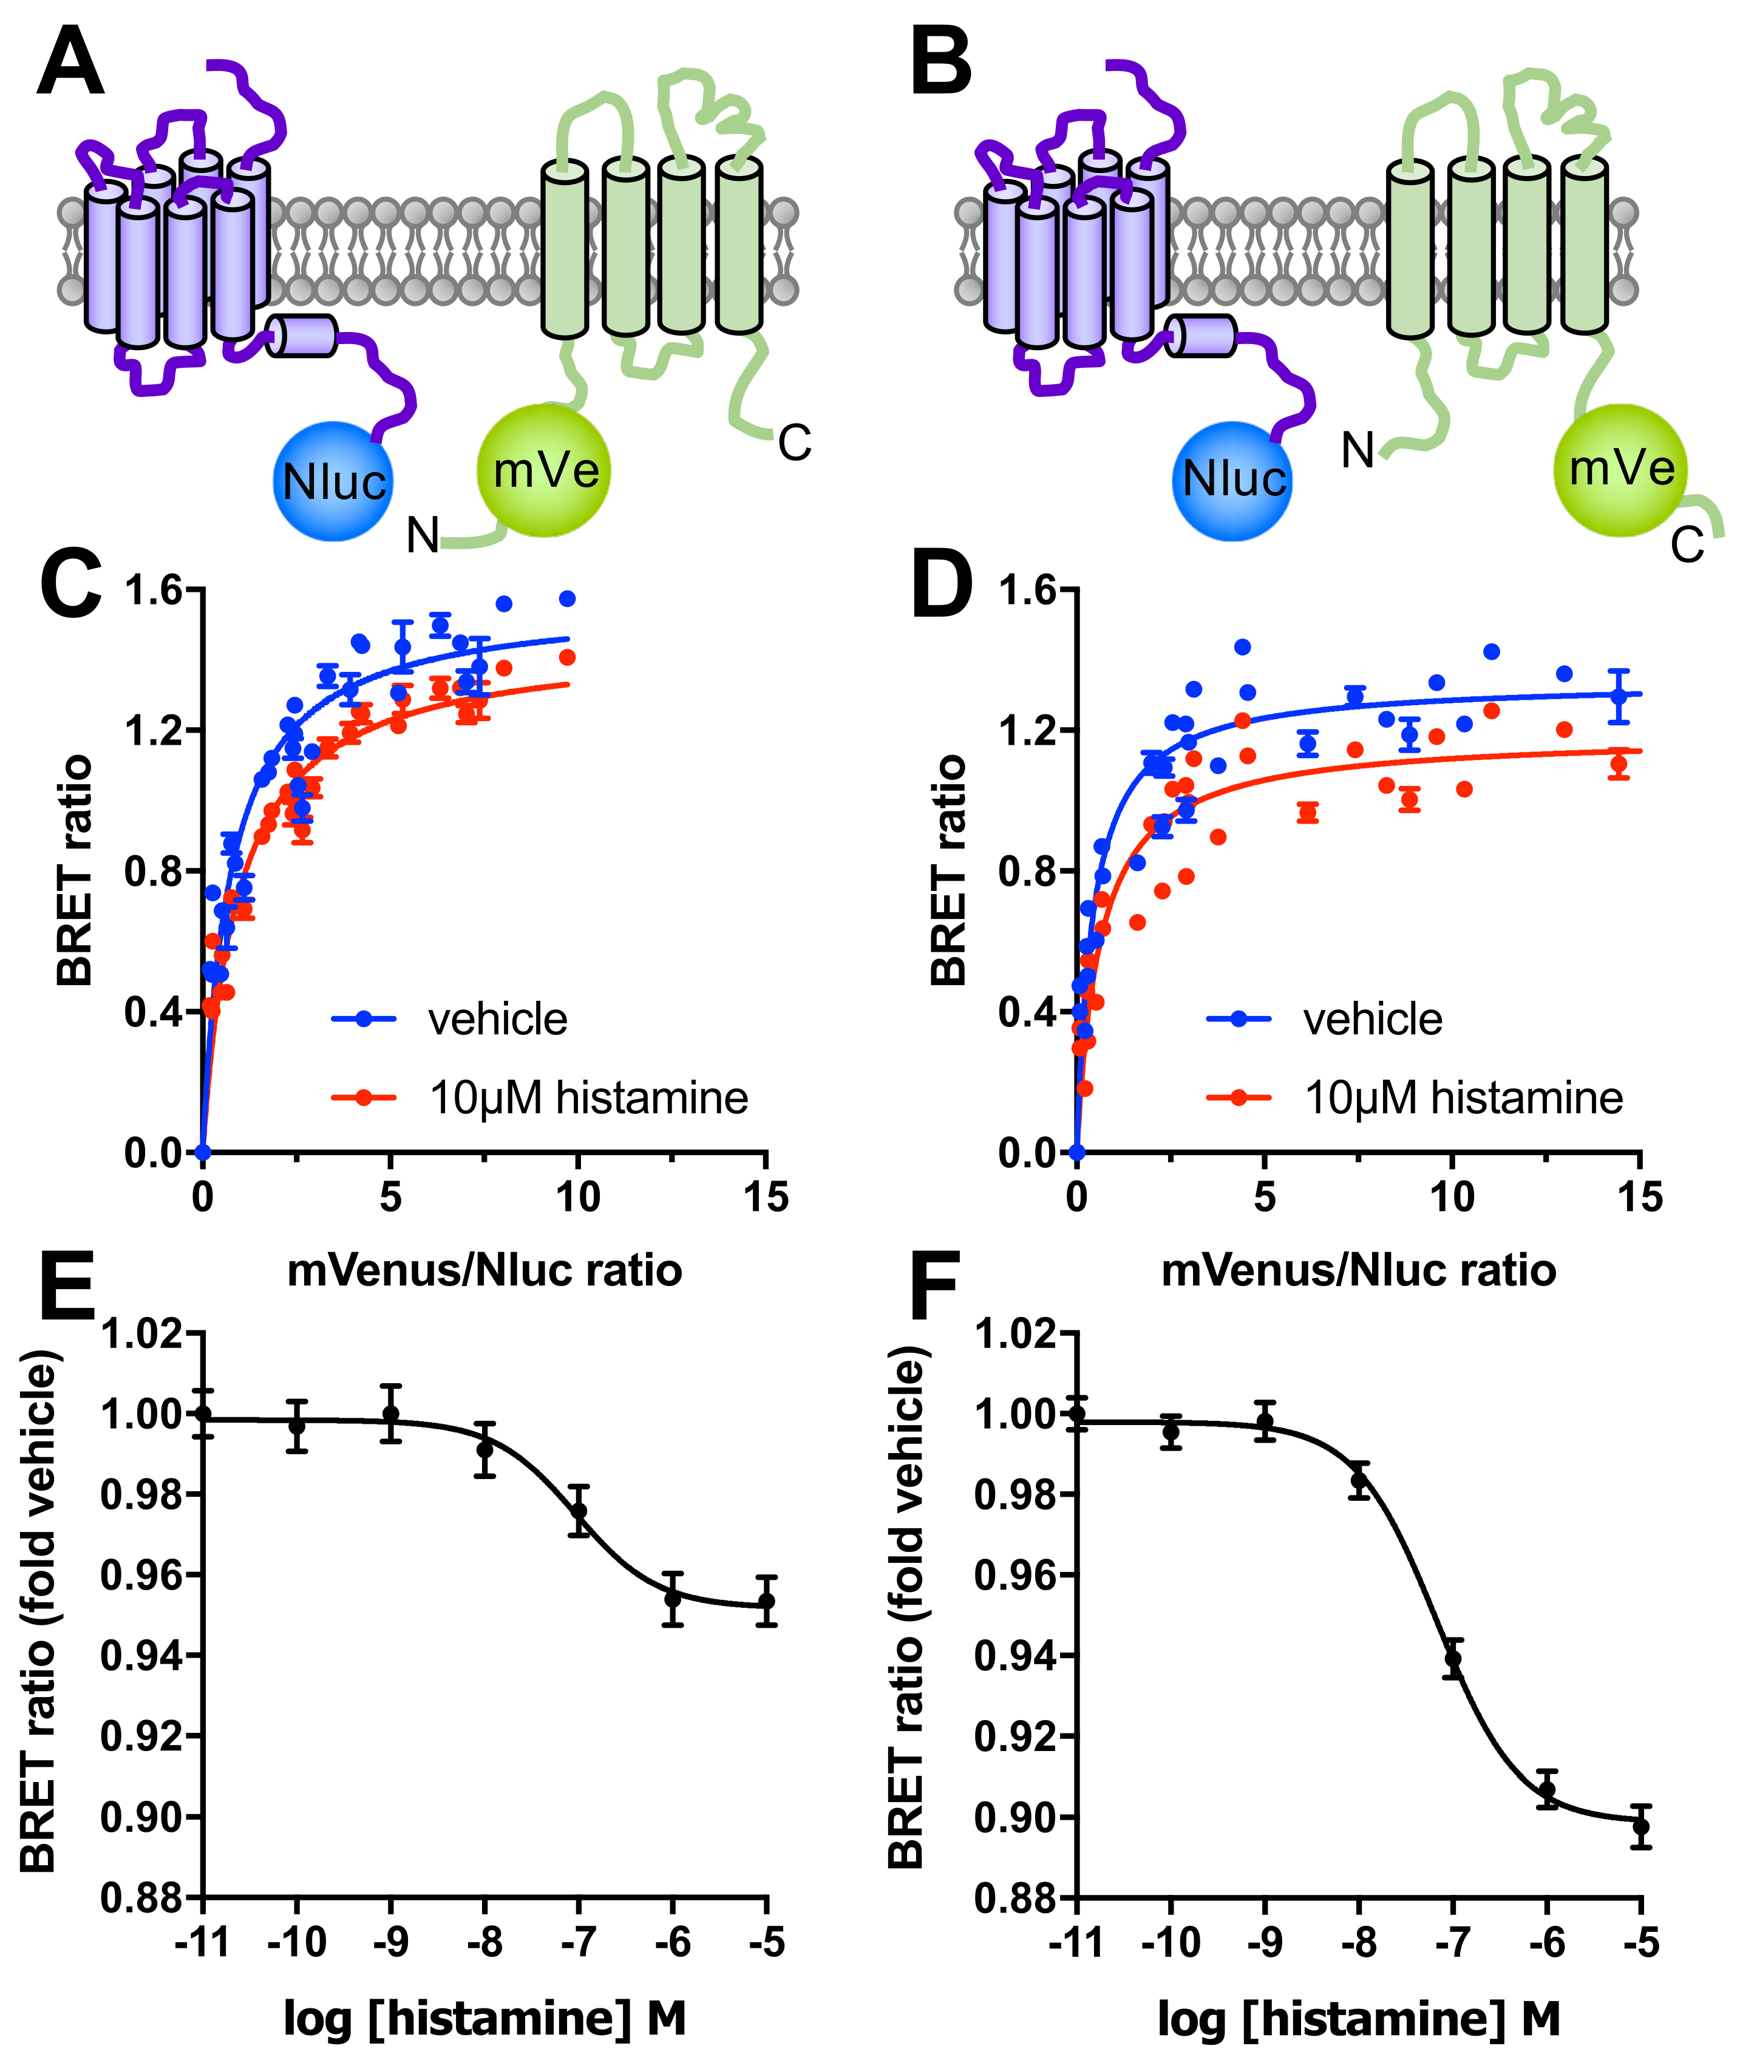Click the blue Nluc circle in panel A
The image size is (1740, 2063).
(333, 481)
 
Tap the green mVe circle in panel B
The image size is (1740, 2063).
(1620, 469)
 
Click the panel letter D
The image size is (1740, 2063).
(940, 589)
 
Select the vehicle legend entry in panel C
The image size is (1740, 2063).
(497, 1018)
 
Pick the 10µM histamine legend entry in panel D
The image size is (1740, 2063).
(1463, 1097)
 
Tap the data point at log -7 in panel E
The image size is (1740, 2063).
(579, 1511)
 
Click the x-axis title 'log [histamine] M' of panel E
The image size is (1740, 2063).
(484, 2017)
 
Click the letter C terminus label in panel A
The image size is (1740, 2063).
(794, 444)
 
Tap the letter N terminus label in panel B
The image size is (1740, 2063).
(1358, 452)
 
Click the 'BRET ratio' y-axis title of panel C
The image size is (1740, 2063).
(75, 871)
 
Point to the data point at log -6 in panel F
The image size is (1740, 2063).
(1547, 1789)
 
